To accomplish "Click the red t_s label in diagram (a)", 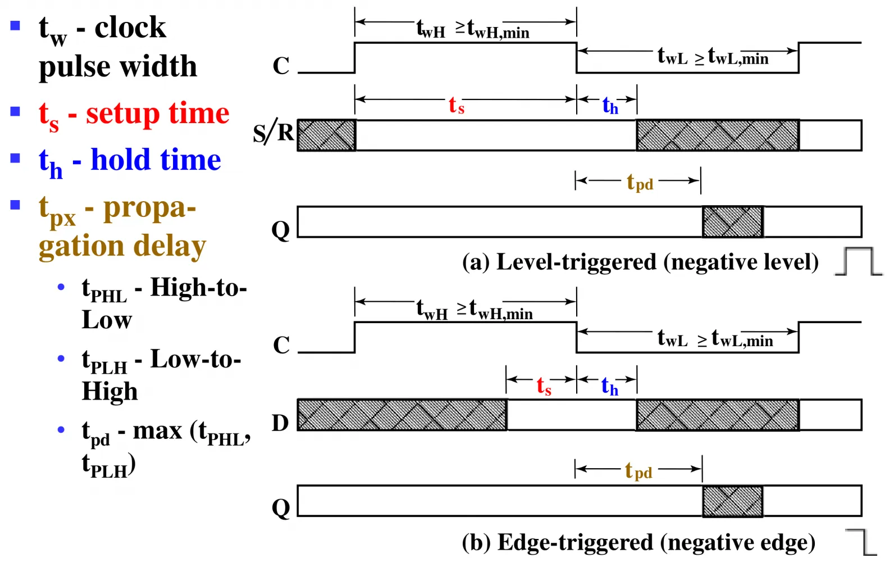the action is [x=457, y=106].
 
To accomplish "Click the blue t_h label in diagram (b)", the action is [x=610, y=387].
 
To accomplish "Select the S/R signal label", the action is [x=273, y=133].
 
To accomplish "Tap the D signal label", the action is [x=280, y=423].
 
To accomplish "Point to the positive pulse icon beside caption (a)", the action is [x=859, y=261].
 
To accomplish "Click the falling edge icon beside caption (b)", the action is [x=861, y=542].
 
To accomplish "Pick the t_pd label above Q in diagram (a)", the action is [x=640, y=182].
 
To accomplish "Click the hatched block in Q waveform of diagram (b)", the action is [x=733, y=501].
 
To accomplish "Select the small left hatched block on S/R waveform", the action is [x=326, y=135].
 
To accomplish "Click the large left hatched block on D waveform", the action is [x=402, y=415].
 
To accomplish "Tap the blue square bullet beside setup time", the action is [x=15, y=111].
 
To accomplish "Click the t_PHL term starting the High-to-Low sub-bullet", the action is [x=104, y=291].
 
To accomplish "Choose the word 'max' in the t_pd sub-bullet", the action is [x=157, y=432].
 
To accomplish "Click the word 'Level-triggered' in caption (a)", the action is [x=576, y=263].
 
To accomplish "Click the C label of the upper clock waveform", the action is [x=281, y=66].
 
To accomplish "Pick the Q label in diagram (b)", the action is [x=281, y=509].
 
